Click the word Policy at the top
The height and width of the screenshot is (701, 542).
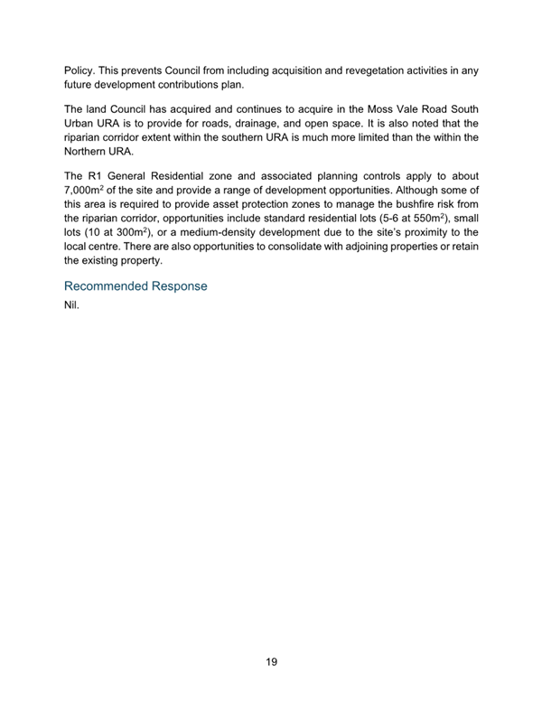(x=78, y=69)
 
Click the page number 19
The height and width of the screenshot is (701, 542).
(x=271, y=662)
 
